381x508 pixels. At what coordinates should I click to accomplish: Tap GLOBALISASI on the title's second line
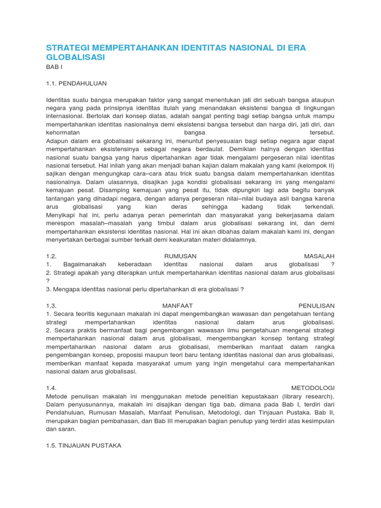75,58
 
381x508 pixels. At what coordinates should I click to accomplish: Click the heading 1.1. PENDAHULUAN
76,83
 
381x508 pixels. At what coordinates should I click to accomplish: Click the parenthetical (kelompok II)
316,165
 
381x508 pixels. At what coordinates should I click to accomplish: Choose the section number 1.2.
52,256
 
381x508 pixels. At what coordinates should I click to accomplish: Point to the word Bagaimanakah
84,264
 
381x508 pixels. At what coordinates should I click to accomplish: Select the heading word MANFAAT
178,306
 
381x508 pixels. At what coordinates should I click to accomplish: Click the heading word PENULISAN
317,306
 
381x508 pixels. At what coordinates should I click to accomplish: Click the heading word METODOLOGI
313,387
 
